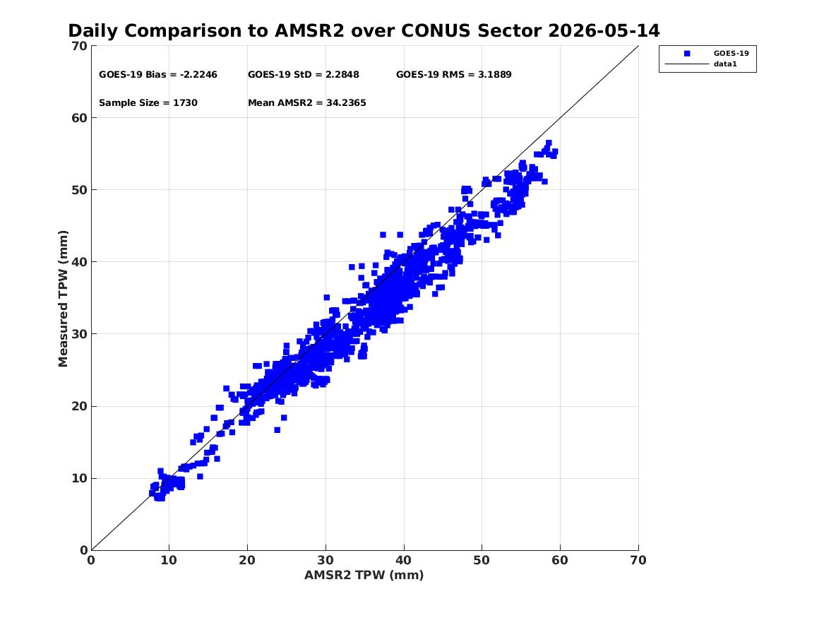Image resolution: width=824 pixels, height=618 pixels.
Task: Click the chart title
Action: pyautogui.click(x=364, y=31)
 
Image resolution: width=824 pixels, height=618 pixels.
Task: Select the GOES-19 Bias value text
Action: pyautogui.click(x=158, y=75)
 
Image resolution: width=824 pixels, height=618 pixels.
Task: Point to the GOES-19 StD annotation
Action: pyautogui.click(x=303, y=75)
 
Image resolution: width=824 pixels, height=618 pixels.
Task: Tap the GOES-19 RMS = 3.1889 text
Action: pyautogui.click(x=453, y=75)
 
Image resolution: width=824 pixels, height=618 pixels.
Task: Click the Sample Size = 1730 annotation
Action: pyautogui.click(x=148, y=103)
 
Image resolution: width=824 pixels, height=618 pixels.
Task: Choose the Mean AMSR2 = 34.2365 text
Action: pyautogui.click(x=307, y=103)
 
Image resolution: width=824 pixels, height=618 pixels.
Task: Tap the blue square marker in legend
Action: pyautogui.click(x=687, y=54)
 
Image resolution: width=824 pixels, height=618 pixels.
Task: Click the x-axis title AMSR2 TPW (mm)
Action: pyautogui.click(x=364, y=575)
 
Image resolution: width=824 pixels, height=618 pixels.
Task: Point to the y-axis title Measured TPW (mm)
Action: pyautogui.click(x=63, y=299)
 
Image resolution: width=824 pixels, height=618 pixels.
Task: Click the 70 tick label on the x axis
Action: pyautogui.click(x=638, y=560)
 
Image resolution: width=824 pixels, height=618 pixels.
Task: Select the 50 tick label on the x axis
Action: pyautogui.click(x=482, y=560)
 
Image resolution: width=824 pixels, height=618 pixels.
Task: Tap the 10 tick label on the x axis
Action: pyautogui.click(x=169, y=560)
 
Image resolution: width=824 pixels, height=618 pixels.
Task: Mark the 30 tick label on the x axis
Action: pyautogui.click(x=326, y=560)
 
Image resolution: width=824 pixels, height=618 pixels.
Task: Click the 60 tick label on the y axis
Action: pyautogui.click(x=79, y=118)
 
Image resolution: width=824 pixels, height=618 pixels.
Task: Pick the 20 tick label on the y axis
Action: pyautogui.click(x=79, y=406)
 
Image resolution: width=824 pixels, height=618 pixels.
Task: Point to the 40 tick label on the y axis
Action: pyautogui.click(x=79, y=262)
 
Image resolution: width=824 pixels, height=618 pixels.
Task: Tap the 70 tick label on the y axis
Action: pyautogui.click(x=79, y=46)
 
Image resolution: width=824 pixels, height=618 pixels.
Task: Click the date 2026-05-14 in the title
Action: pyautogui.click(x=604, y=31)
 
